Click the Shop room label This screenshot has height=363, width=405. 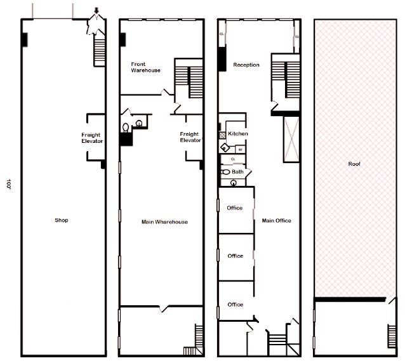pyautogui.click(x=62, y=220)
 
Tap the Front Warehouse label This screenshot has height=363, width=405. pyautogui.click(x=145, y=67)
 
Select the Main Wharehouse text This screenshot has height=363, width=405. pyautogui.click(x=164, y=221)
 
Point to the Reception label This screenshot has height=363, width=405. pyautogui.click(x=246, y=65)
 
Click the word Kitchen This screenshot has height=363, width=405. pyautogui.click(x=238, y=134)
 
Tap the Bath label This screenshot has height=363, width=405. pyautogui.click(x=237, y=171)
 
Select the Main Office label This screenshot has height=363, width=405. pyautogui.click(x=277, y=220)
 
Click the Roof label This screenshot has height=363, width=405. pyautogui.click(x=354, y=164)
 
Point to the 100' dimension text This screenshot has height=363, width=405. pyautogui.click(x=9, y=185)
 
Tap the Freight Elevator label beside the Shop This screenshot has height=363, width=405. pyautogui.click(x=92, y=138)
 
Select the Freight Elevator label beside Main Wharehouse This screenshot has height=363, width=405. pyautogui.click(x=190, y=137)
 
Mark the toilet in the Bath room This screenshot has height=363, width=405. pyautogui.click(x=225, y=172)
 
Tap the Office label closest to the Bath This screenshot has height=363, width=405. pyautogui.click(x=235, y=208)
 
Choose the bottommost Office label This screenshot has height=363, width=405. pyautogui.click(x=235, y=305)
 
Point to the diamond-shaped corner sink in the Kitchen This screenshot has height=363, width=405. pyautogui.click(x=224, y=148)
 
